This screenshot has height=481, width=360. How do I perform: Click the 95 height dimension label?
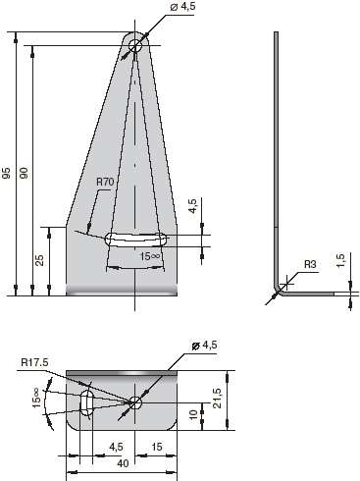click(x=7, y=173)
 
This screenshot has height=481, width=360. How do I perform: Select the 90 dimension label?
click(x=24, y=173)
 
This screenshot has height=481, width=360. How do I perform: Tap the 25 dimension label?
click(x=39, y=260)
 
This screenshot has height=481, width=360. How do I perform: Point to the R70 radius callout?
click(x=105, y=182)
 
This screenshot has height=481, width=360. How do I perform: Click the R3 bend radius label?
click(x=310, y=264)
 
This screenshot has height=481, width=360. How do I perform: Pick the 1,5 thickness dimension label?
click(x=340, y=260)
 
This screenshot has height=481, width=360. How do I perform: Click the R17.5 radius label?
click(x=34, y=362)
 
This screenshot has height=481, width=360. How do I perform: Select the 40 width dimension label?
click(x=123, y=463)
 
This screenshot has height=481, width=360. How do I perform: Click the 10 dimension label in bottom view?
click(x=194, y=414)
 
